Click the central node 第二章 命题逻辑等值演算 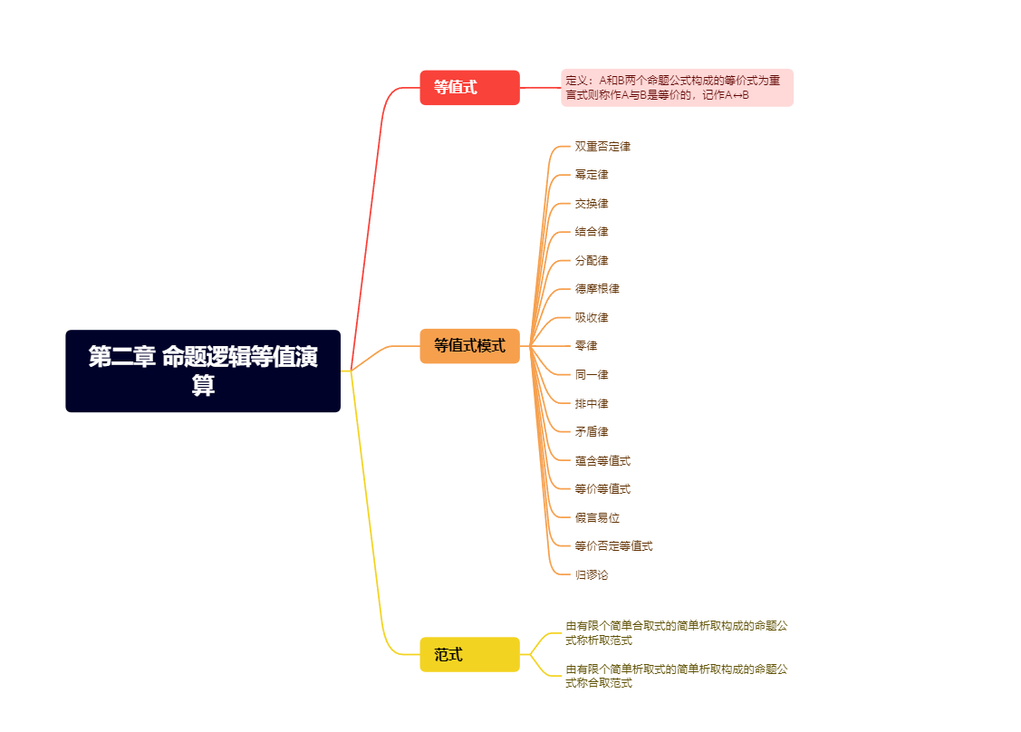[x=203, y=371]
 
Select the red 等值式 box [x=469, y=88]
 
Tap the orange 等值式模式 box [x=469, y=346]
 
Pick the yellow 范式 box [x=469, y=654]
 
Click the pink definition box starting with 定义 [x=677, y=88]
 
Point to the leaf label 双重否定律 [x=602, y=146]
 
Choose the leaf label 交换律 [x=592, y=203]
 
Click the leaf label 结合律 [x=592, y=232]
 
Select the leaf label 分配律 [x=592, y=261]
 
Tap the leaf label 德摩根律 [x=597, y=289]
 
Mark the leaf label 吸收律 [x=592, y=318]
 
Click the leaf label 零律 [x=586, y=346]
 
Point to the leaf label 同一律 [x=592, y=375]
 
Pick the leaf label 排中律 [x=592, y=403]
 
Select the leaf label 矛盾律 [x=592, y=432]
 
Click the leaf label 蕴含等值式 [x=602, y=461]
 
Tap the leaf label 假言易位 [x=597, y=518]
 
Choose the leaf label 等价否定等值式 [x=613, y=546]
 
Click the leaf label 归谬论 [x=592, y=574]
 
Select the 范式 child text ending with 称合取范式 [x=676, y=676]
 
